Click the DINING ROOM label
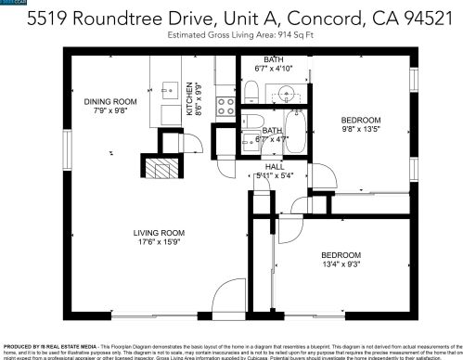(x=109, y=102)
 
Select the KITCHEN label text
(x=190, y=96)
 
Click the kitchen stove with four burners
(x=225, y=107)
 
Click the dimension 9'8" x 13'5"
(x=360, y=130)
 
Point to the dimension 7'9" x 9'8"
(x=109, y=112)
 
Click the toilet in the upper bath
(x=251, y=89)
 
